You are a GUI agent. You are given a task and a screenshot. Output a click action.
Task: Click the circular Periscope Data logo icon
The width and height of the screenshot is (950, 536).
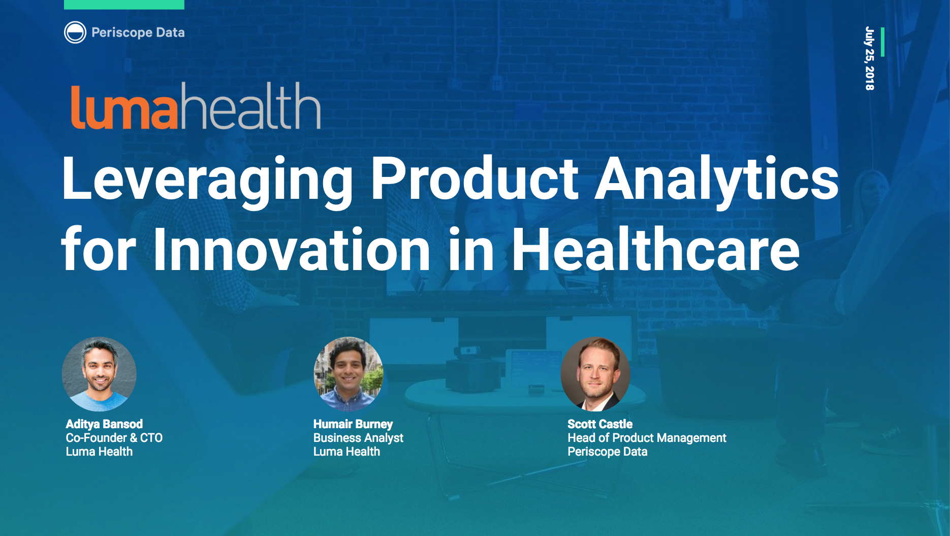(x=75, y=33)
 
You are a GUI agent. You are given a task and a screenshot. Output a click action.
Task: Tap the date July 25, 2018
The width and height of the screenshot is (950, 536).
(x=869, y=58)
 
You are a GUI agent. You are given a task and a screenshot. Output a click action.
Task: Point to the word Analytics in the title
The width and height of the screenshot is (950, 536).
(x=716, y=179)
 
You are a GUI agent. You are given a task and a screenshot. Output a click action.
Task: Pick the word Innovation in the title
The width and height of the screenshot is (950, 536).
(x=292, y=250)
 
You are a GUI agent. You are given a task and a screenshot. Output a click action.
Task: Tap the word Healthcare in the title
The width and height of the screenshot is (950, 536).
(x=655, y=250)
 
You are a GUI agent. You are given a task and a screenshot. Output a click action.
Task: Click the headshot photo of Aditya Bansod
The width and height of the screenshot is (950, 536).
(x=99, y=374)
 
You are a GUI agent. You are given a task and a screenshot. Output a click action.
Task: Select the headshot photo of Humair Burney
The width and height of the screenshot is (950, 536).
(x=348, y=374)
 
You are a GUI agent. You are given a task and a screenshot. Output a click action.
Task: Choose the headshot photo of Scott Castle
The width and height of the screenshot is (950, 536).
(x=595, y=374)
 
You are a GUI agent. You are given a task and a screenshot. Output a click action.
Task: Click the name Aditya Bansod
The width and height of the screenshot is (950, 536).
(x=104, y=424)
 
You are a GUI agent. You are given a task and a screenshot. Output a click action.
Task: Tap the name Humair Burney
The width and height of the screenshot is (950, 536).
(x=353, y=424)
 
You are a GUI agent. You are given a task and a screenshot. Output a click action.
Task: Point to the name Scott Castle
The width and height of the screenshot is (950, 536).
(x=600, y=424)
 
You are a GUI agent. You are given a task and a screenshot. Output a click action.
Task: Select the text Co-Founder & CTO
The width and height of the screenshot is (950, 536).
(x=114, y=438)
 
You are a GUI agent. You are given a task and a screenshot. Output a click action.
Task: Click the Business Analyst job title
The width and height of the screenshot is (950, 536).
(x=358, y=438)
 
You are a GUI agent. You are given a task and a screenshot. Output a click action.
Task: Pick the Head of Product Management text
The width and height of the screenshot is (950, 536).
(x=647, y=438)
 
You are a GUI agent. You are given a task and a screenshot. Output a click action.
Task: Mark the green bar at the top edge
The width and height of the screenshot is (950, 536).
(x=124, y=5)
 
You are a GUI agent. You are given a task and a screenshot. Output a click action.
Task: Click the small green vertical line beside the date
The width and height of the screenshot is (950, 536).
(x=882, y=42)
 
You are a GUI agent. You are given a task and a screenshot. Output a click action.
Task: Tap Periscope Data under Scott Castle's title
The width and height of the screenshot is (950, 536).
(x=608, y=452)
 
